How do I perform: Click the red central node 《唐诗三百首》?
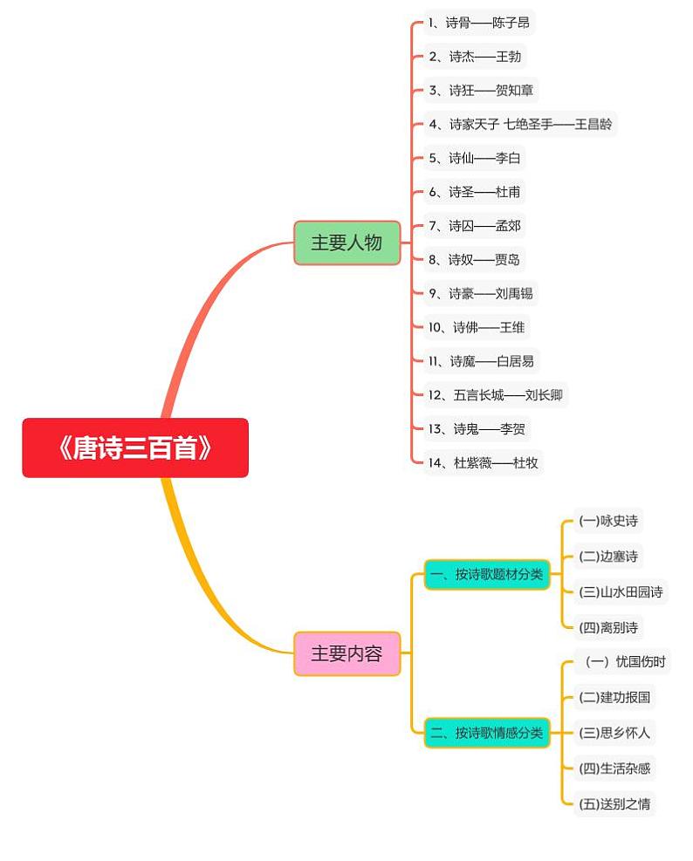pyautogui.click(x=135, y=448)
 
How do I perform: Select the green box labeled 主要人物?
pyautogui.click(x=346, y=243)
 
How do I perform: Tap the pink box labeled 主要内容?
pyautogui.click(x=346, y=653)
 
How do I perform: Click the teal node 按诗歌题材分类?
pyautogui.click(x=487, y=574)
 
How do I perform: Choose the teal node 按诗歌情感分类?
pyautogui.click(x=487, y=733)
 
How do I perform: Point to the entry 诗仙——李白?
pyautogui.click(x=474, y=158)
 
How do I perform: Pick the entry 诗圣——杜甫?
pyautogui.click(x=474, y=192)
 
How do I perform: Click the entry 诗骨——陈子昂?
pyautogui.click(x=478, y=23)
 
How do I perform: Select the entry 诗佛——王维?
pyautogui.click(x=477, y=327)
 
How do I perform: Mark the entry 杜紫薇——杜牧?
pyautogui.click(x=483, y=462)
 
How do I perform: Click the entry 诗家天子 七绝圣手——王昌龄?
pyautogui.click(x=519, y=124)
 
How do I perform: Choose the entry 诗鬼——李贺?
pyautogui.click(x=477, y=428)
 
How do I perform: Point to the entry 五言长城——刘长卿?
pyautogui.click(x=495, y=395)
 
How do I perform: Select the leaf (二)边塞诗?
pyautogui.click(x=608, y=557)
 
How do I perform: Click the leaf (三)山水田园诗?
pyautogui.click(x=621, y=591)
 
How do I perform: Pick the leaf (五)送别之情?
pyautogui.click(x=614, y=803)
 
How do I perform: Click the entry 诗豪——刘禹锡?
pyautogui.click(x=480, y=293)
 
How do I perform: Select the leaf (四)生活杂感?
pyautogui.click(x=614, y=768)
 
